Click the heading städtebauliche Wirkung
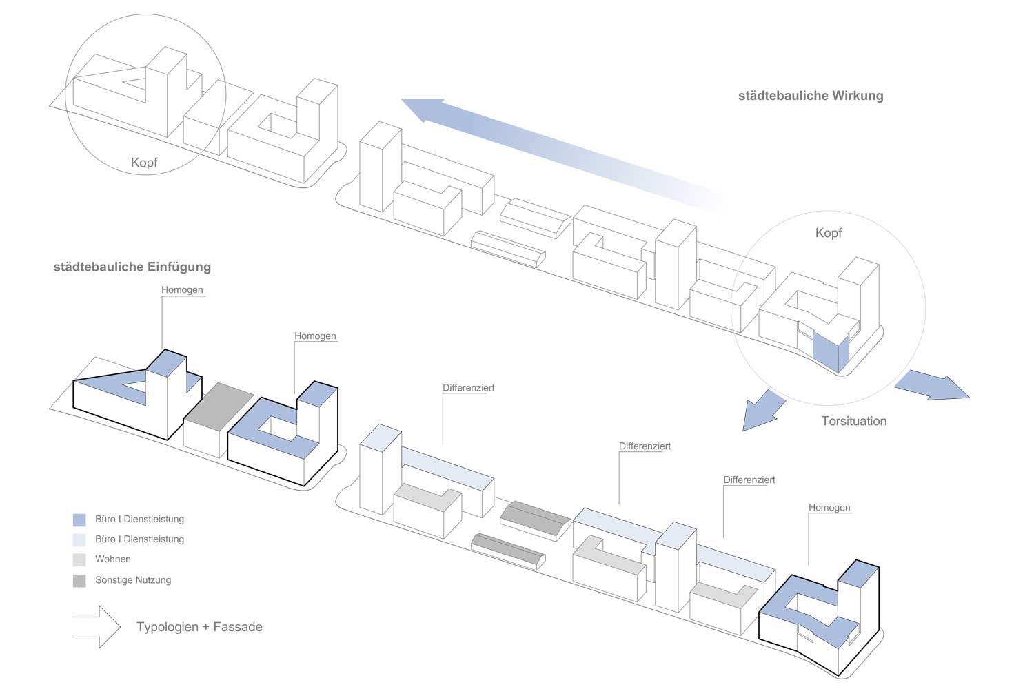click(x=811, y=96)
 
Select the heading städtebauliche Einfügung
click(x=132, y=267)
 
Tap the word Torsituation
click(x=853, y=421)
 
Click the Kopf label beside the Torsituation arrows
click(x=828, y=233)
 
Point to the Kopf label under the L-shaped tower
click(x=144, y=163)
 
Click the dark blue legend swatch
click(x=79, y=520)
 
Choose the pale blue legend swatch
click(x=79, y=539)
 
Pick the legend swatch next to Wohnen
click(x=79, y=559)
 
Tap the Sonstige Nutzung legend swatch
click(x=79, y=580)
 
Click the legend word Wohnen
click(x=113, y=559)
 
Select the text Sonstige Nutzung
click(x=133, y=580)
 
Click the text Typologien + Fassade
click(x=199, y=627)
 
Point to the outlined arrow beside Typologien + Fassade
click(x=97, y=627)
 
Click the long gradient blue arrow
click(x=551, y=148)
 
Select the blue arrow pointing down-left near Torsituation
click(x=762, y=411)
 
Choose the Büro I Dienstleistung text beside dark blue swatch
click(x=139, y=520)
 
